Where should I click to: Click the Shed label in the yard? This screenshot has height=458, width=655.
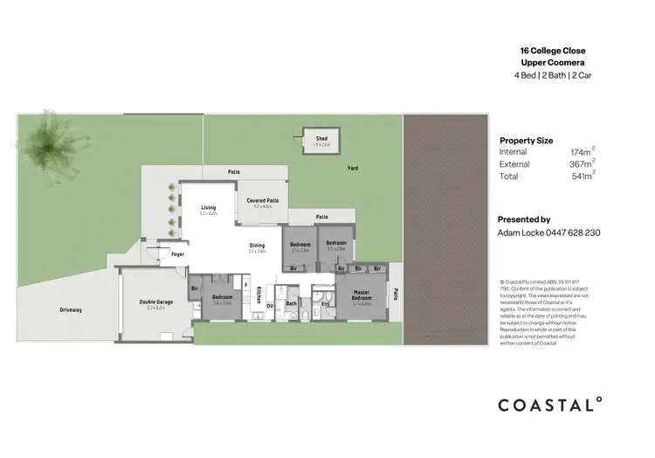click(321, 138)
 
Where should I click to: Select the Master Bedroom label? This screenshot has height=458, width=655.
click(362, 295)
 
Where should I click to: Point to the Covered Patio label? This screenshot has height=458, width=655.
click(262, 201)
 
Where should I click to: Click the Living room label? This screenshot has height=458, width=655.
click(208, 207)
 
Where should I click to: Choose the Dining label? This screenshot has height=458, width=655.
click(257, 246)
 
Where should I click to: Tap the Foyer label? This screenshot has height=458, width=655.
click(178, 254)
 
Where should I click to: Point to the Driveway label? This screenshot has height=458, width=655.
click(71, 309)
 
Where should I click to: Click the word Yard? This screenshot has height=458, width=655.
click(353, 167)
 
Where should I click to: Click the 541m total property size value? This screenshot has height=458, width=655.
click(582, 176)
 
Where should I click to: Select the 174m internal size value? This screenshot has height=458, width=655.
click(582, 152)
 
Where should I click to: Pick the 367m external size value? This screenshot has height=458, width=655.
click(582, 164)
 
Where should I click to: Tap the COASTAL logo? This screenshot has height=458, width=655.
click(549, 404)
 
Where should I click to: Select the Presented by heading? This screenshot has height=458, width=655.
click(523, 219)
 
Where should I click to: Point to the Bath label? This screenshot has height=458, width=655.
click(292, 303)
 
